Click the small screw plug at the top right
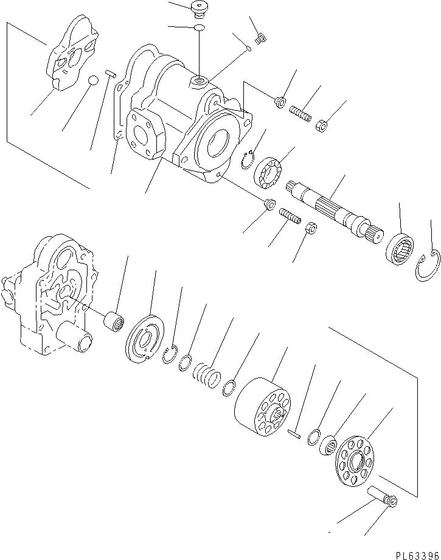coord(259,39)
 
